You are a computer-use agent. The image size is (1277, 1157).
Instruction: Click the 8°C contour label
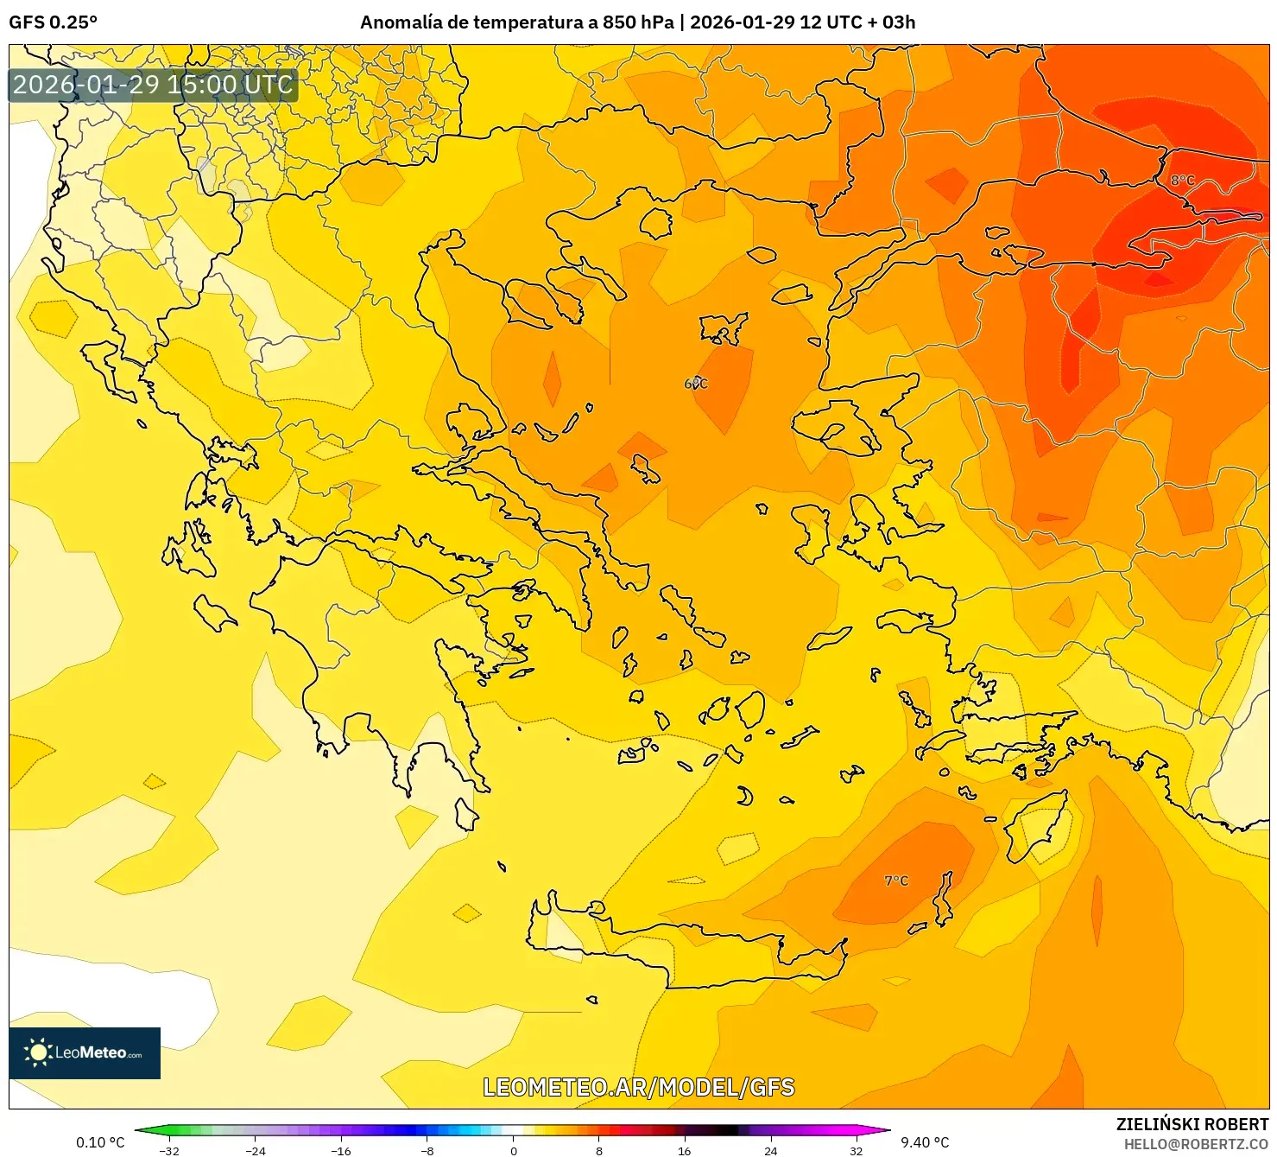pyautogui.click(x=1182, y=181)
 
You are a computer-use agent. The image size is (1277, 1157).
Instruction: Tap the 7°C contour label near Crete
pyautogui.click(x=896, y=880)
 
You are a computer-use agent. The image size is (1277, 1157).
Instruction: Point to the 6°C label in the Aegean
pyautogui.click(x=696, y=384)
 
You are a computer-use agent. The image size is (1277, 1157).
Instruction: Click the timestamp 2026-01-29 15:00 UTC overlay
pyautogui.click(x=153, y=85)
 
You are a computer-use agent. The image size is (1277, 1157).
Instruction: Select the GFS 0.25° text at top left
pyautogui.click(x=54, y=22)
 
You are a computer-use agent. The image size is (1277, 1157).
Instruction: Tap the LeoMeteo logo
pyautogui.click(x=85, y=1052)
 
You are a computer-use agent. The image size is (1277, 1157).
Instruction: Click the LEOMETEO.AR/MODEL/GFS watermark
pyautogui.click(x=638, y=1087)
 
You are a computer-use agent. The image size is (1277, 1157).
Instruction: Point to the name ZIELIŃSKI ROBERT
pyautogui.click(x=1192, y=1124)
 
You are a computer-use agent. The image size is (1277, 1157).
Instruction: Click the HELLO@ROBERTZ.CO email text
pyautogui.click(x=1195, y=1144)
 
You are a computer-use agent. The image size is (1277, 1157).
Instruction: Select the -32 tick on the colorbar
pyautogui.click(x=169, y=1150)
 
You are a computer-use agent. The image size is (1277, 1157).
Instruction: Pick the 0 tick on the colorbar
pyautogui.click(x=514, y=1150)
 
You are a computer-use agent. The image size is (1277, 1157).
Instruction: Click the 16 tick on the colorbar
pyautogui.click(x=685, y=1150)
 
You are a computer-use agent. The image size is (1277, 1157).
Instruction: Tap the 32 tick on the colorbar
pyautogui.click(x=856, y=1150)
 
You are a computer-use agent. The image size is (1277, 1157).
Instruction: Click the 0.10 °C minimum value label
pyautogui.click(x=100, y=1142)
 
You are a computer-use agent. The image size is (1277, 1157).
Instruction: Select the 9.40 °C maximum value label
pyautogui.click(x=925, y=1142)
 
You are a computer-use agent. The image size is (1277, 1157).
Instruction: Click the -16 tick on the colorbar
pyautogui.click(x=341, y=1150)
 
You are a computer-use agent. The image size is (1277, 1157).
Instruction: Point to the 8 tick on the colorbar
pyautogui.click(x=599, y=1150)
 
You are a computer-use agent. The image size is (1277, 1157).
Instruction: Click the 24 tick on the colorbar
pyautogui.click(x=770, y=1150)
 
